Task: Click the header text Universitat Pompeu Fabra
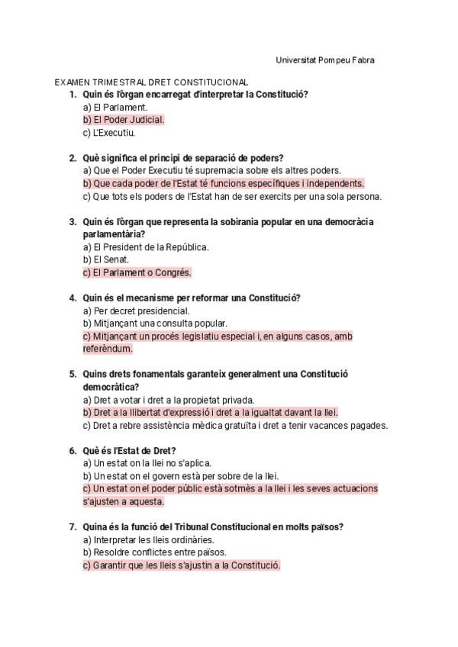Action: [x=324, y=60]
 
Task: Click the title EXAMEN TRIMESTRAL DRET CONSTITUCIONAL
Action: [x=151, y=82]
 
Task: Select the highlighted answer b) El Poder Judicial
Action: [x=124, y=120]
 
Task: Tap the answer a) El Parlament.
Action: [x=115, y=108]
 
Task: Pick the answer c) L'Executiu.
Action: [x=108, y=133]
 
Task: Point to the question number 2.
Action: [x=72, y=158]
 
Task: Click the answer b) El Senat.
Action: [x=106, y=259]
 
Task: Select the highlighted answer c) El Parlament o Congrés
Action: [x=137, y=272]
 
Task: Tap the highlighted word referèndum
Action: [x=108, y=349]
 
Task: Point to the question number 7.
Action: [x=72, y=526]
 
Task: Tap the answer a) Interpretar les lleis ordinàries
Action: [x=148, y=539]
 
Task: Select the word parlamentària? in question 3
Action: [x=113, y=234]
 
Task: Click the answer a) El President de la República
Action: [x=146, y=247]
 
